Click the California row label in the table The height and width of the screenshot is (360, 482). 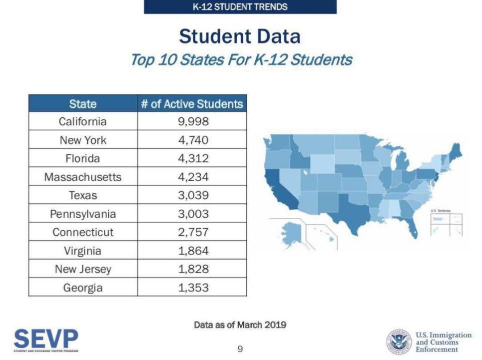pyautogui.click(x=82, y=121)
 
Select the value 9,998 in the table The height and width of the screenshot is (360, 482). pyautogui.click(x=193, y=121)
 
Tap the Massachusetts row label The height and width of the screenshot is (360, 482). pyautogui.click(x=82, y=177)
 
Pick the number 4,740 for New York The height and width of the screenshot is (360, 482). pyautogui.click(x=193, y=140)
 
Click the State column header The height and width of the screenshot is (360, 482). pyautogui.click(x=83, y=104)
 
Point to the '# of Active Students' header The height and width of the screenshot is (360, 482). pyautogui.click(x=192, y=104)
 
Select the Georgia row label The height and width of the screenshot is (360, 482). pyautogui.click(x=82, y=288)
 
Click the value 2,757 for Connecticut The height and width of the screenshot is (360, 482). pyautogui.click(x=193, y=232)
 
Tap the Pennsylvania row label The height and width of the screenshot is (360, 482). pyautogui.click(x=82, y=214)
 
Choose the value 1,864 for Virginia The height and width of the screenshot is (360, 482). pyautogui.click(x=193, y=251)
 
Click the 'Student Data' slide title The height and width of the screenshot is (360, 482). pyautogui.click(x=240, y=36)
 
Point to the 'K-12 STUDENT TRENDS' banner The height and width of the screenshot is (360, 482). pyautogui.click(x=240, y=7)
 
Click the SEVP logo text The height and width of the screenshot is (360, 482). pyautogui.click(x=46, y=339)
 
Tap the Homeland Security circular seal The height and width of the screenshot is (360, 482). pyautogui.click(x=398, y=342)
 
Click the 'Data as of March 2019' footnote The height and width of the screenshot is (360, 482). pyautogui.click(x=240, y=325)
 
